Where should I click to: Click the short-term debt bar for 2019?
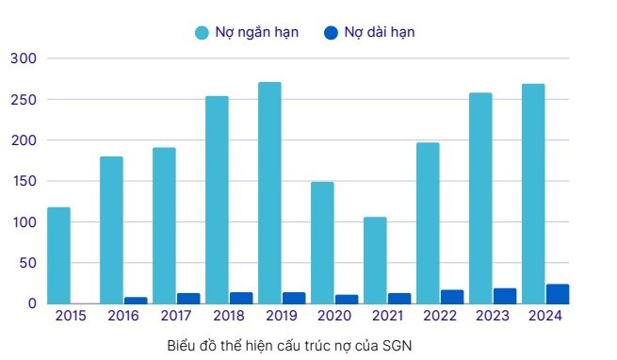tap(269, 192)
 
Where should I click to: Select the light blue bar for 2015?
tap(58, 255)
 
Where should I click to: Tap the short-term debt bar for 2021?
tap(375, 260)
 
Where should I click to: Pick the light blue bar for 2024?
tap(533, 193)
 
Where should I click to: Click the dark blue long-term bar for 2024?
tap(558, 294)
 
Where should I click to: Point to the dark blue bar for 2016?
tap(136, 301)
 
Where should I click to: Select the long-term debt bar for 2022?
tap(452, 297)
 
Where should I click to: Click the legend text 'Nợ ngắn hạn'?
tap(260, 32)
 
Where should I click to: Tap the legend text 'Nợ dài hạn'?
tap(379, 32)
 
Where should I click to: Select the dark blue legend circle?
tap(330, 33)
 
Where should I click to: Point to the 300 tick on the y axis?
tap(23, 58)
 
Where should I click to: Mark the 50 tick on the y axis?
tap(26, 263)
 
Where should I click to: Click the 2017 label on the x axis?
tap(176, 317)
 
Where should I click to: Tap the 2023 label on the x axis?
tap(493, 317)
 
